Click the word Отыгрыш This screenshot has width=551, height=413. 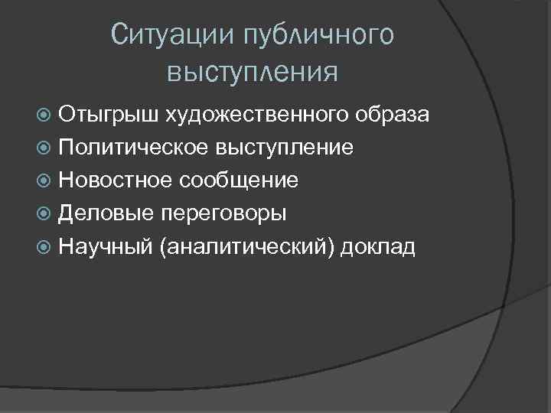pos(108,115)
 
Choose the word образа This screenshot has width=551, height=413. pos(393,115)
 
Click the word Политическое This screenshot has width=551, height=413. pos(133,148)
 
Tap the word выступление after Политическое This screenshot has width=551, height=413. pos(284,148)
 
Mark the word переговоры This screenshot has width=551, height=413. pos(223,213)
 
